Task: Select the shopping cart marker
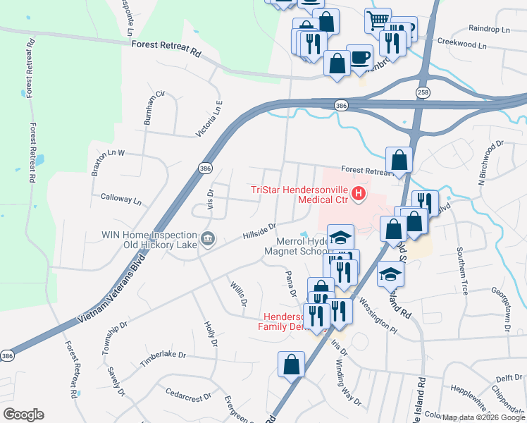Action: pos(378,20)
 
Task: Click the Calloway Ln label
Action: pos(121,200)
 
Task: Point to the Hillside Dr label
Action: pos(259,231)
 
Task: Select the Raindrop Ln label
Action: pos(489,29)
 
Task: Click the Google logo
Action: pos(23,415)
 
